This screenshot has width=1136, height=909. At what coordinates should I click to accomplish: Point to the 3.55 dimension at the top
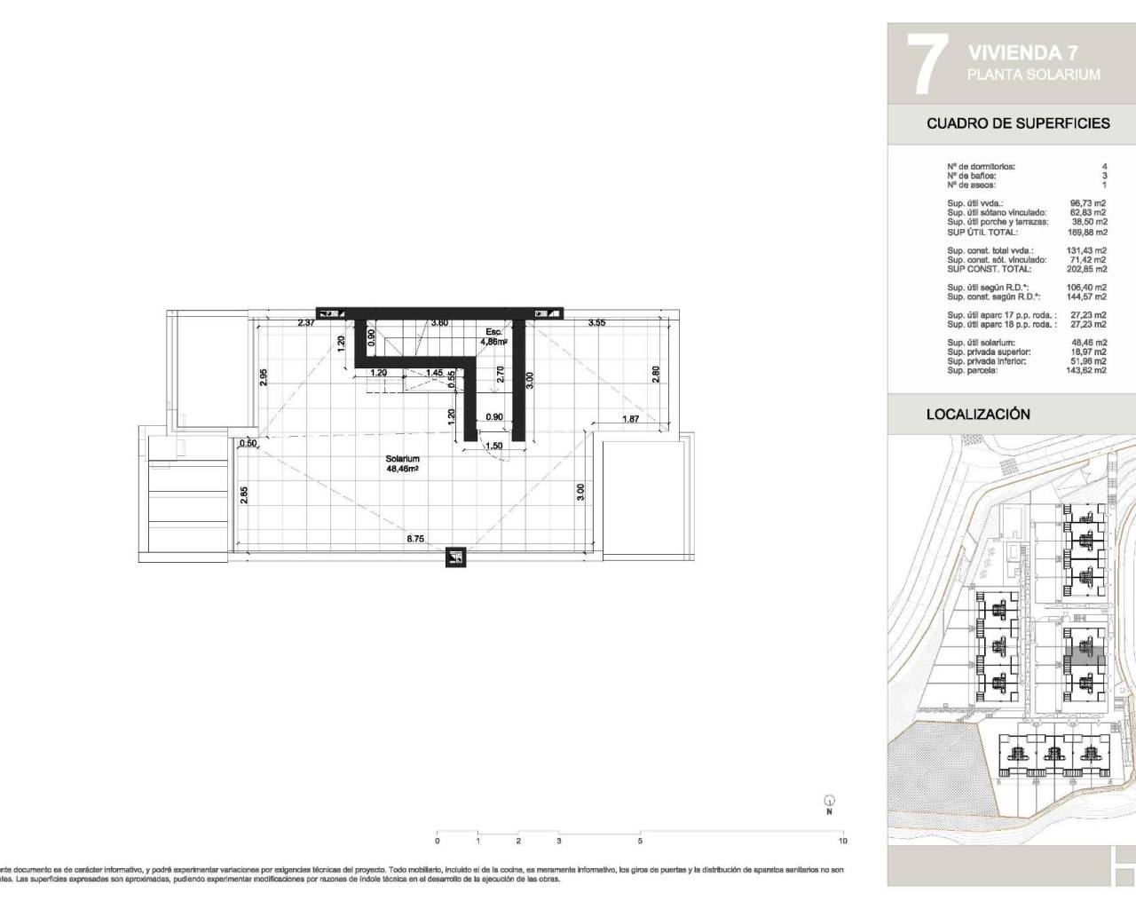596,323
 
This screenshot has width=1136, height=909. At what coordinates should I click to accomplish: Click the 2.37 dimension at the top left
305,323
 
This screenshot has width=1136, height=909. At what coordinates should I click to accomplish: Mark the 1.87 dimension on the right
630,420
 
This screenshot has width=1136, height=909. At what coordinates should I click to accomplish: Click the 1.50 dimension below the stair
495,447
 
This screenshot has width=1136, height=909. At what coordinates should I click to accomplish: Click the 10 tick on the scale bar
842,840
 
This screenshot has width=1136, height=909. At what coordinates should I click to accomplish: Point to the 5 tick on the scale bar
640,840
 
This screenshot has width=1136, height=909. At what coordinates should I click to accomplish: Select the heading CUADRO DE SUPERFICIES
1018,123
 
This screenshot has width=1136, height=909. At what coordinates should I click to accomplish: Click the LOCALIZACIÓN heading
978,415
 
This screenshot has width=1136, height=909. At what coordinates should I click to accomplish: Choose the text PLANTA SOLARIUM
1034,75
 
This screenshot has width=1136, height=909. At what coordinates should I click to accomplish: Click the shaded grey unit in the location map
1085,658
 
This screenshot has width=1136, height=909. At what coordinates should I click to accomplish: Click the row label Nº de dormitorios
981,166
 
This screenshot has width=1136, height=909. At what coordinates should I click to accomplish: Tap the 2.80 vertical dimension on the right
656,375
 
